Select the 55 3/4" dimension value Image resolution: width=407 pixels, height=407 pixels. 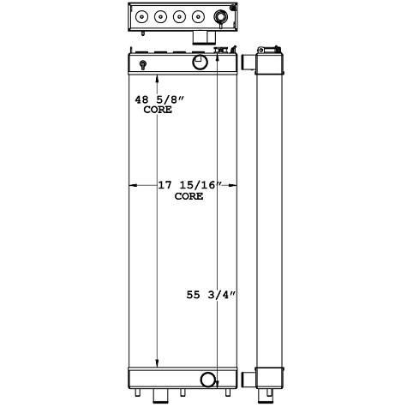click(x=211, y=296)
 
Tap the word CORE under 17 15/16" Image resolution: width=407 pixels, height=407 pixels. click(x=189, y=196)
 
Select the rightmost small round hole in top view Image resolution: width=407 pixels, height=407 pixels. click(x=198, y=15)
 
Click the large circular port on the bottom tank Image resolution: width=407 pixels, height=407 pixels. click(x=207, y=379)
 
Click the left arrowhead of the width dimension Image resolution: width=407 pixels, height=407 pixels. click(x=131, y=184)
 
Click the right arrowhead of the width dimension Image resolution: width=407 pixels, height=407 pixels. click(x=234, y=184)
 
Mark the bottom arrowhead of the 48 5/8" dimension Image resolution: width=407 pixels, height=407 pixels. click(x=156, y=363)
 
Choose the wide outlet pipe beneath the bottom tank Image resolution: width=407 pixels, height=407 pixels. click(x=160, y=394)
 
